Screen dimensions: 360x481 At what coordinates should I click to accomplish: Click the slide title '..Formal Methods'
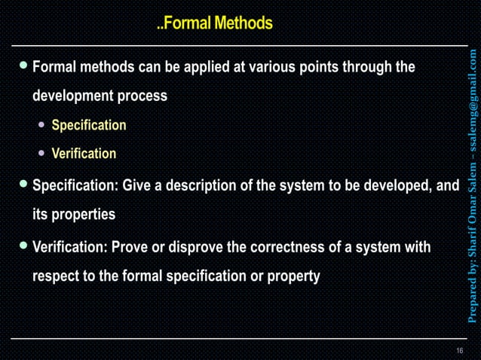(x=215, y=24)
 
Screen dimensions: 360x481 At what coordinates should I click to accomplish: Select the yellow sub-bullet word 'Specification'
(x=88, y=125)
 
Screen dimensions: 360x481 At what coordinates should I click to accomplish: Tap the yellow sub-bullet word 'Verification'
(x=84, y=154)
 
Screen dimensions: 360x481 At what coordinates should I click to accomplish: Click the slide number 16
(x=459, y=352)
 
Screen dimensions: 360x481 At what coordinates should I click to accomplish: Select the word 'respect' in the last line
(x=57, y=276)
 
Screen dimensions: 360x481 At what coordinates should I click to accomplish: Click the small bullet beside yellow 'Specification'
(x=43, y=125)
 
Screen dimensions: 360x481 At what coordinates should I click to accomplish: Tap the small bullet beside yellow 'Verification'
(x=43, y=154)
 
